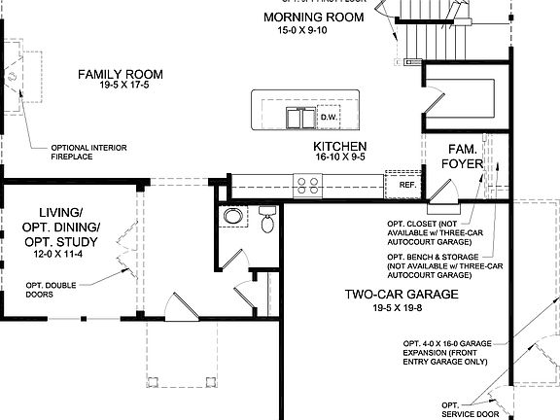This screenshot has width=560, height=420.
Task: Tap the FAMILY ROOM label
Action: pyautogui.click(x=121, y=74)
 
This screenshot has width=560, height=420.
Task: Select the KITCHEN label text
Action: pyautogui.click(x=339, y=147)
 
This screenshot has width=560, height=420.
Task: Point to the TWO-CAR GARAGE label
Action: pyautogui.click(x=400, y=294)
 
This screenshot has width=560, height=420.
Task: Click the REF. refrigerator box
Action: pyautogui.click(x=405, y=183)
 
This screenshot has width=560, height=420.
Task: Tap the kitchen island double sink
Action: pyautogui.click(x=299, y=119)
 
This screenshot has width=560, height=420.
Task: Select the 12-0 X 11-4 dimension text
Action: pyautogui.click(x=59, y=254)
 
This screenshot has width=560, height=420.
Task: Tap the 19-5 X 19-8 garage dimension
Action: pyautogui.click(x=400, y=309)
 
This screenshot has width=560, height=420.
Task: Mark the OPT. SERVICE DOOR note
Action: pyautogui.click(x=458, y=409)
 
